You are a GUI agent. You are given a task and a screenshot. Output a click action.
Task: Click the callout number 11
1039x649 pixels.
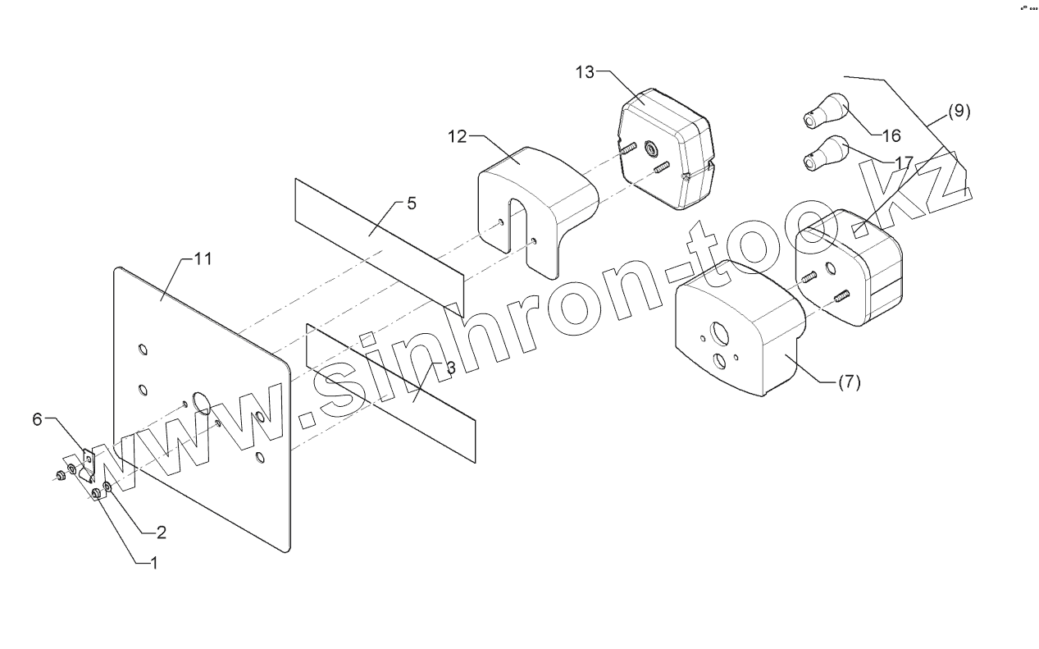pos(203,258)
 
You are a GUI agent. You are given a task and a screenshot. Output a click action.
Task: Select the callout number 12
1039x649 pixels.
pos(457,136)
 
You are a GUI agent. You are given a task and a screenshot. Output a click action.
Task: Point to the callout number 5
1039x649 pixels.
pos(411,203)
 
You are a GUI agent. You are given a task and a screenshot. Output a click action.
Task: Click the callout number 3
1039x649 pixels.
pos(449,368)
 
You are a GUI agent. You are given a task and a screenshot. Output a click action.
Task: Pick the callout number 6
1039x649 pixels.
pos(37,420)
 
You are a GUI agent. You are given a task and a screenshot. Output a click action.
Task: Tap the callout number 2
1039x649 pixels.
pos(162,532)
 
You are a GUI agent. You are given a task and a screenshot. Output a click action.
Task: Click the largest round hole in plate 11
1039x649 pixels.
pos(201,402)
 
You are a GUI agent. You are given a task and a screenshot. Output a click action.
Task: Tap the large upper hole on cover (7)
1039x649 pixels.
pos(721,332)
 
